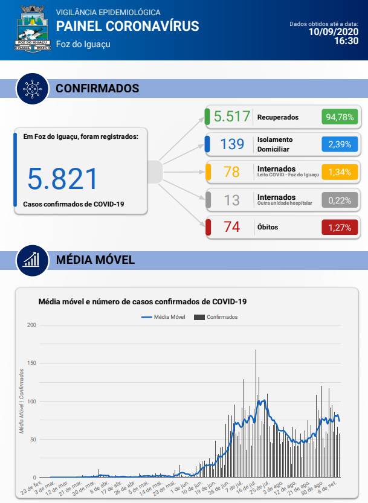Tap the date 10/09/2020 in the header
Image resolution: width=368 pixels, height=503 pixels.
334,31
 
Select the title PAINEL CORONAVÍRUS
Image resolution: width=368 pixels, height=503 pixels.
127,26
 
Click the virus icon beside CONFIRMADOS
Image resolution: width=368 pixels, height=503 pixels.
32,88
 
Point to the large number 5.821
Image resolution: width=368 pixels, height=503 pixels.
62,179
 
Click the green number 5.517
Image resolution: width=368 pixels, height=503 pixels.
232,117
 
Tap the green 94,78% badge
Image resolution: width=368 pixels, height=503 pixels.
340,117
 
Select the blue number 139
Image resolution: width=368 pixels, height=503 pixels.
232,144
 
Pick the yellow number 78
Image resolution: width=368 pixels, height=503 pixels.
232,172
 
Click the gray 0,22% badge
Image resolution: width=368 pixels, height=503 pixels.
340,200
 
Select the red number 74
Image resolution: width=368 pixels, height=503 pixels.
232,227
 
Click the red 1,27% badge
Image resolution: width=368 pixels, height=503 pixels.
340,228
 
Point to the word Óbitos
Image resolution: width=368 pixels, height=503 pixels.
269,227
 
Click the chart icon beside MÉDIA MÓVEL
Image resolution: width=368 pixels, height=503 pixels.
32,260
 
